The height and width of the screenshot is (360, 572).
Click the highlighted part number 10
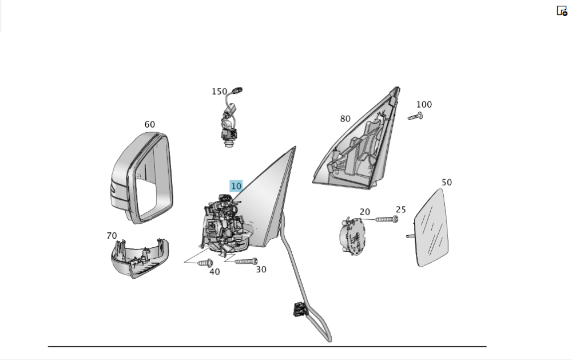(x=236, y=186)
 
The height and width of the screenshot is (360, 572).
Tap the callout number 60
(x=149, y=124)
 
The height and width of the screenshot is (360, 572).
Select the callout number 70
(x=112, y=236)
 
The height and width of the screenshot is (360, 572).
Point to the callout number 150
(x=219, y=92)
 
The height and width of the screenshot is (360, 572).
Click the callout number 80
(x=345, y=119)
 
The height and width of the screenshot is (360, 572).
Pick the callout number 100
(x=424, y=105)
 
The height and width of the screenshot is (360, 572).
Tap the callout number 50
(x=447, y=183)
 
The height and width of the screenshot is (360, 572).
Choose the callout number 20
(x=364, y=212)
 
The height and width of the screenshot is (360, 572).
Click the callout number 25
(x=400, y=210)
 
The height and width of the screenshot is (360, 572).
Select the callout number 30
(x=261, y=270)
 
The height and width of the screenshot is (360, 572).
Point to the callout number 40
(x=214, y=272)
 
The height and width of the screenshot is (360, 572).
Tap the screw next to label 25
(x=386, y=219)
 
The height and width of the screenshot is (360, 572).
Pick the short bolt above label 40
(x=205, y=263)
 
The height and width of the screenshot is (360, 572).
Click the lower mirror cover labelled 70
(x=139, y=257)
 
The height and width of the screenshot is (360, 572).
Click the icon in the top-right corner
(x=562, y=10)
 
